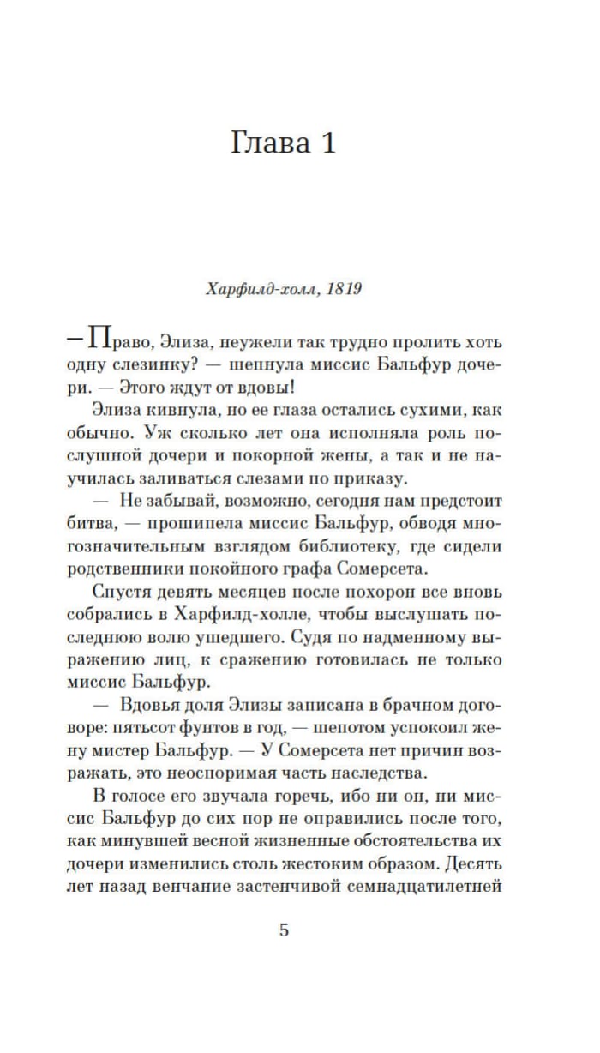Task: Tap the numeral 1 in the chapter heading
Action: (x=325, y=143)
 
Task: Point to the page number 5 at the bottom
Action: (x=285, y=930)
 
